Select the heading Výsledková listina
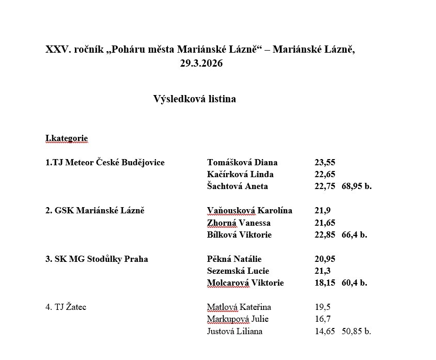coord(194,99)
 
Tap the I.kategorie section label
coord(67,138)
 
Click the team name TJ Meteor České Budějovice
coord(105,163)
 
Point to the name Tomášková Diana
coord(242,163)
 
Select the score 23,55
coord(325,163)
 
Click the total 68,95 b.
coord(356,186)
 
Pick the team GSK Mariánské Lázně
coord(95,211)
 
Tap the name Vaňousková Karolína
coord(250,211)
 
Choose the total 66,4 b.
coord(354,234)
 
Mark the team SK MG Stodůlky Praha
coord(97,259)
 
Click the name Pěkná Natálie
coord(234,259)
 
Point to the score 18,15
coord(325,283)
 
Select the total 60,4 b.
coord(354,283)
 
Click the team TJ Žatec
coord(66,307)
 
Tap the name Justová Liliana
coord(235,332)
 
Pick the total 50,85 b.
coord(356,332)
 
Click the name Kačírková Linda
coord(240,175)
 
